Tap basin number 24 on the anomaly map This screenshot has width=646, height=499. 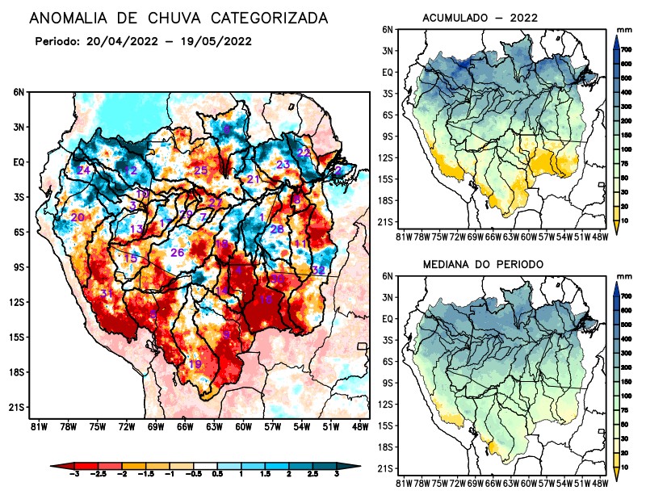(x=84, y=170)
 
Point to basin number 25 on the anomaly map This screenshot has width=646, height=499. (x=201, y=170)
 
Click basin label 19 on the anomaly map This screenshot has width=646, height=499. (x=195, y=365)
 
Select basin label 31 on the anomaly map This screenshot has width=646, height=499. (x=106, y=293)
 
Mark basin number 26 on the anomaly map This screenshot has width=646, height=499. (x=178, y=253)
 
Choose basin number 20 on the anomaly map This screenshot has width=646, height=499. (x=78, y=218)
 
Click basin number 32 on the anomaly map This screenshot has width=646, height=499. (x=318, y=270)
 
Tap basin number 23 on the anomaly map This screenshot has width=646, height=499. (x=283, y=165)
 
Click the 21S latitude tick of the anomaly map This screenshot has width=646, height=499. (x=15, y=407)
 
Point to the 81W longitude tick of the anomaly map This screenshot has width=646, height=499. (x=36, y=426)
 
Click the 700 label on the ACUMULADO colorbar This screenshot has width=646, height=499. (x=625, y=50)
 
